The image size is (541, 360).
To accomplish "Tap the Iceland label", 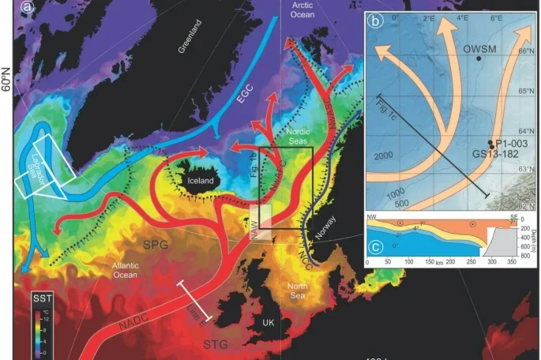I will point(201,180).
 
